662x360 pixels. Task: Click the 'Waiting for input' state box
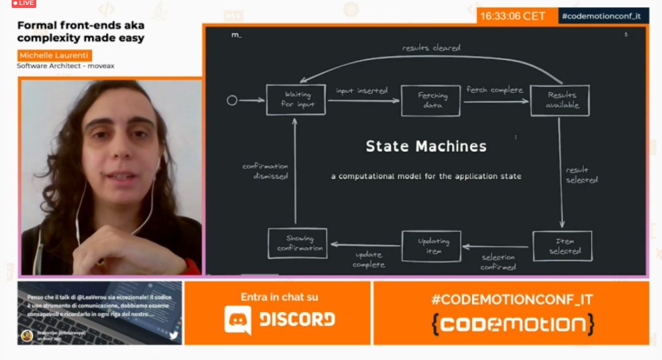[295, 100]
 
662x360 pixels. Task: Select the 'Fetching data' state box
[430, 100]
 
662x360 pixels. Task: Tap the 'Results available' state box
[559, 100]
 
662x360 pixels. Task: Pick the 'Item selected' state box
[562, 246]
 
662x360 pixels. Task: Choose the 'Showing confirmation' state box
[298, 243]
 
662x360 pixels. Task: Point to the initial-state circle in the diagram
[232, 100]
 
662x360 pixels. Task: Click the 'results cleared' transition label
[431, 47]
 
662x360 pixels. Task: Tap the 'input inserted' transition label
[361, 90]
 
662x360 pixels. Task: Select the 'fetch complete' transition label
[495, 90]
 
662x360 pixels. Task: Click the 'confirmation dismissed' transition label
[265, 171]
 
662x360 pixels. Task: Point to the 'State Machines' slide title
[426, 146]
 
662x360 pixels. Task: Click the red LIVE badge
[24, 3]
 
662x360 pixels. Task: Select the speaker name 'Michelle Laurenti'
[54, 56]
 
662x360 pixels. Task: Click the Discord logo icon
[238, 319]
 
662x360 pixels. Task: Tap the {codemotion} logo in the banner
[511, 324]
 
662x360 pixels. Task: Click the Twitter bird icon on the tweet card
[173, 335]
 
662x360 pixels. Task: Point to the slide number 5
[626, 35]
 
